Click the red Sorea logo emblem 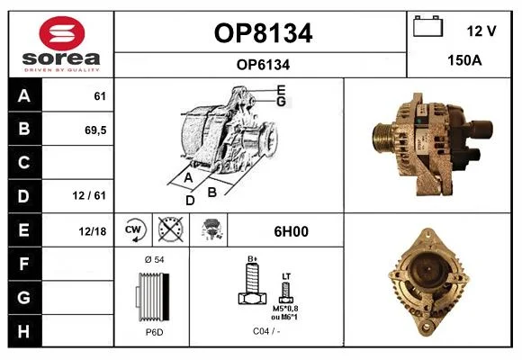62,33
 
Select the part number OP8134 263,33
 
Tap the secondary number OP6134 263,65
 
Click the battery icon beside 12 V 428,26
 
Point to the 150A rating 464,60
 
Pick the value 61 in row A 100,96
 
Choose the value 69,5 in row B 95,130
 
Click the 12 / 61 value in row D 89,195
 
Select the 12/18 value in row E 93,231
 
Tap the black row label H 23,331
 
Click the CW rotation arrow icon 133,229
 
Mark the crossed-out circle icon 170,229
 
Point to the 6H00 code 291,231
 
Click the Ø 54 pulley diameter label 155,259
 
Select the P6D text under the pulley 155,332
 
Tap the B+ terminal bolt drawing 253,283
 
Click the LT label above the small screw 286,276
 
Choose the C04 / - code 266,331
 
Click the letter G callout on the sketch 282,102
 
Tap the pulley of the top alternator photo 382,137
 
